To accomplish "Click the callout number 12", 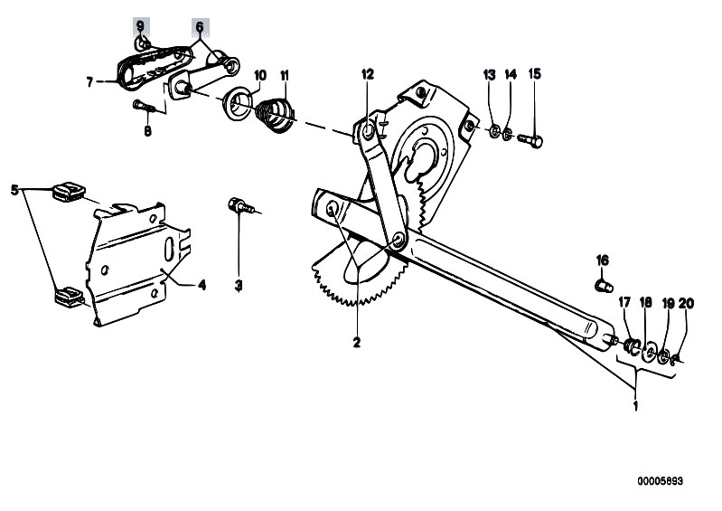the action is tap(368, 74).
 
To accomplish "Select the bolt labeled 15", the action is tap(530, 139).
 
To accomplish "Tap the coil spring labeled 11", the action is tap(277, 114).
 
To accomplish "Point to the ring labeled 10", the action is tap(239, 101).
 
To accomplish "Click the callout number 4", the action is tap(202, 285).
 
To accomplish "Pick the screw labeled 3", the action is tap(241, 206).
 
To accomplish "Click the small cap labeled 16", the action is tap(605, 286).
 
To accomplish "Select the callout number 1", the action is tap(636, 406).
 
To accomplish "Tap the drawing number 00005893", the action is tap(660, 481).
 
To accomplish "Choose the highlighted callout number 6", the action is tap(200, 27).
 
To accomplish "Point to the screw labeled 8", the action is tap(144, 107).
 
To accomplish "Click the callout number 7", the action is tap(89, 82).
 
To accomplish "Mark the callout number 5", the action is tap(14, 189).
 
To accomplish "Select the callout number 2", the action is tap(356, 342).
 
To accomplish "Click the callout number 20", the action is tap(686, 304).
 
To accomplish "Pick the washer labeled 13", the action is tap(494, 131).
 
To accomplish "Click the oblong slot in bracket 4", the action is tap(169, 248).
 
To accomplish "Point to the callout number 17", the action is tap(624, 303).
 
